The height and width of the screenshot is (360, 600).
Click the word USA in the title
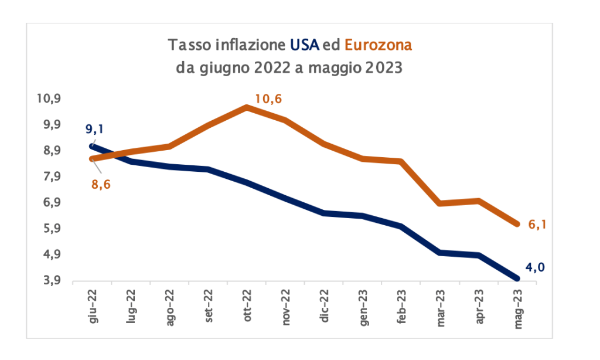(305, 45)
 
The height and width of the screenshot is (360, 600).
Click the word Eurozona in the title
(379, 45)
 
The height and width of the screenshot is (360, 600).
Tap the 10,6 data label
(268, 99)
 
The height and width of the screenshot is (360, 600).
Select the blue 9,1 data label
(98, 129)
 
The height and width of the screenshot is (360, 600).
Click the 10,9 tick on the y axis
(49, 99)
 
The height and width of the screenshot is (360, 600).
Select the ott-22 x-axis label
(246, 305)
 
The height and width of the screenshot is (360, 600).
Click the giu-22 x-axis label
(92, 305)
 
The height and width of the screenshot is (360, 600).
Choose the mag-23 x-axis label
(518, 306)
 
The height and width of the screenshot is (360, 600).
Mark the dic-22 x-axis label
(324, 304)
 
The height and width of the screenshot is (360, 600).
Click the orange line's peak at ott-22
(247, 107)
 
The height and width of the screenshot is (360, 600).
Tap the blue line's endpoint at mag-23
(518, 279)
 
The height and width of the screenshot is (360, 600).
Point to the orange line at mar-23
(441, 203)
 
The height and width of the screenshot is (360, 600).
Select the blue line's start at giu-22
(92, 146)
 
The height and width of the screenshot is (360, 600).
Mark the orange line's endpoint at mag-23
(518, 224)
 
